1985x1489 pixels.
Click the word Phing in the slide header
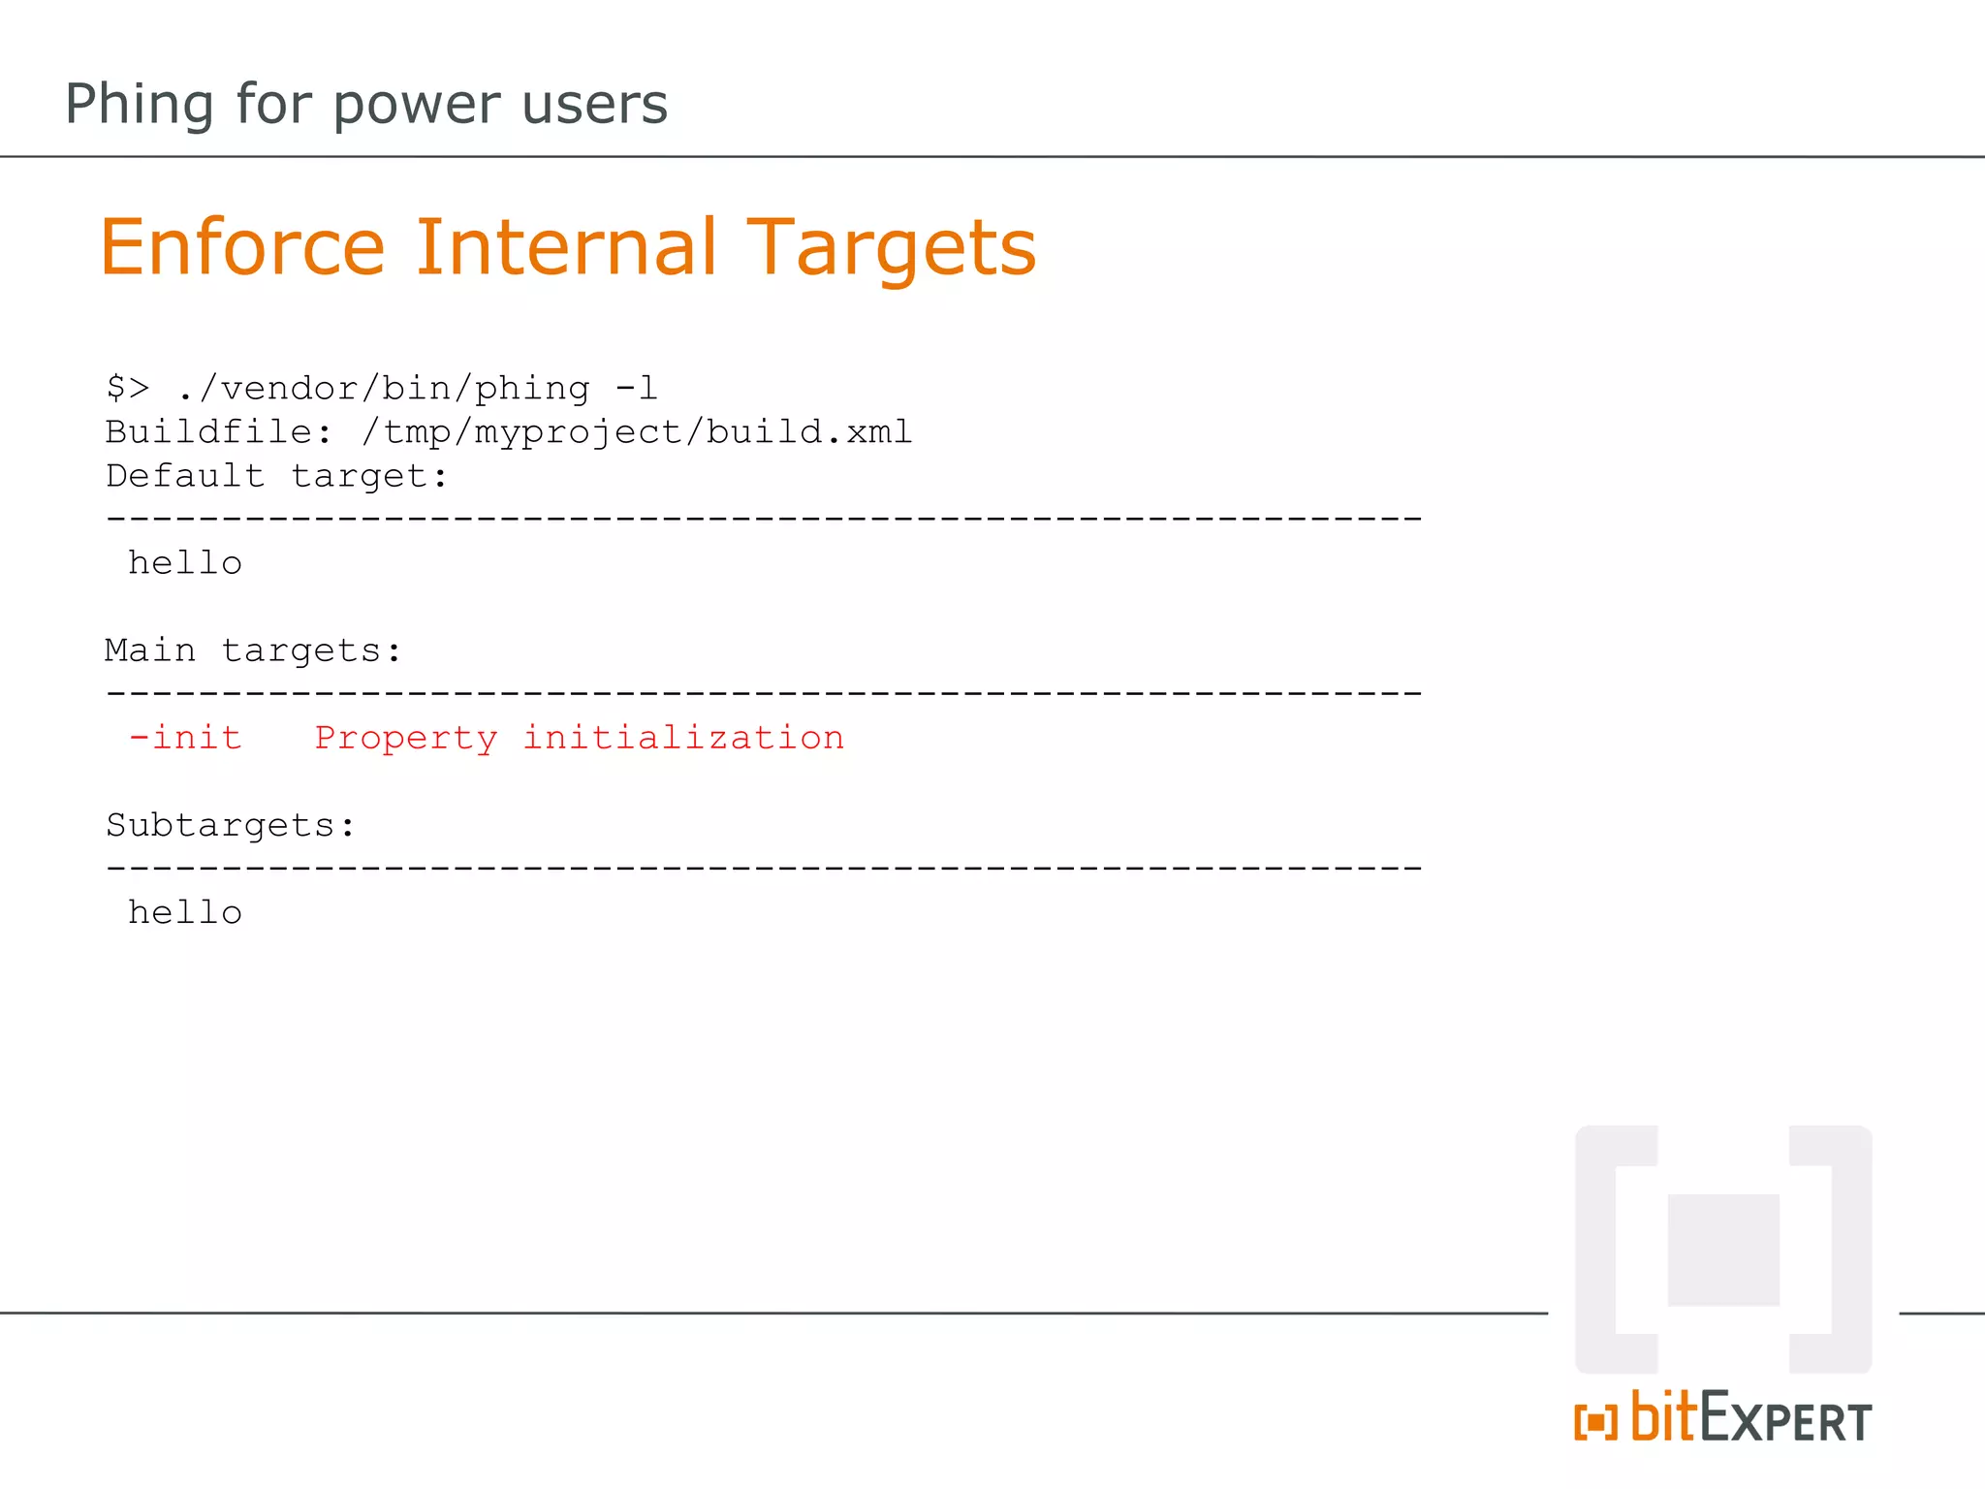[139, 105]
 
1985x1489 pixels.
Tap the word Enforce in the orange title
[242, 247]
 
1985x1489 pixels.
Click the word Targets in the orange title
[892, 249]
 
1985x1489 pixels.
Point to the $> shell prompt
[128, 389]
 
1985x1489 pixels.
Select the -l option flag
[636, 389]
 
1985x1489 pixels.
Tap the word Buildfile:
[219, 432]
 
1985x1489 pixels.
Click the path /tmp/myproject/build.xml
[637, 432]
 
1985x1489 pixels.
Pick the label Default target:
[277, 476]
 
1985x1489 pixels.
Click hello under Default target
[185, 563]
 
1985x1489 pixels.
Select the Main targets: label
[253, 650]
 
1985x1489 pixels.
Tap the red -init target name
[185, 738]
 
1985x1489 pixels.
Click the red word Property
[406, 739]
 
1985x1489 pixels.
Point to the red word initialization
[683, 738]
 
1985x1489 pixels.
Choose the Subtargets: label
[231, 826]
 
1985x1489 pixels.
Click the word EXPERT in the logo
[1785, 1421]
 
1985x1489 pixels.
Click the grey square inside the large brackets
[1723, 1250]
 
